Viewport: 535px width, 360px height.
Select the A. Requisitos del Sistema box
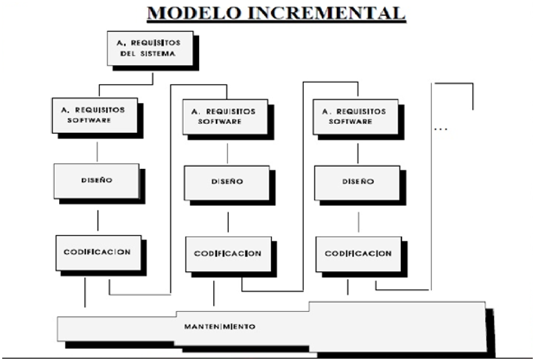[150, 48]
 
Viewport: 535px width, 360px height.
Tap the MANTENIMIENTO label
[219, 327]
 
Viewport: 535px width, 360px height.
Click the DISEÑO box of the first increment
[96, 180]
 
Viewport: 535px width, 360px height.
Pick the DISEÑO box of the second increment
[226, 182]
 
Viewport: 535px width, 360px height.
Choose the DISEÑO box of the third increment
[357, 181]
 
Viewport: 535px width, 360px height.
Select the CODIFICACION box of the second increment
[227, 254]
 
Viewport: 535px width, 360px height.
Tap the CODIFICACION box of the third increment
[358, 254]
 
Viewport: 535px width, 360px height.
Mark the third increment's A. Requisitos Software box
[356, 116]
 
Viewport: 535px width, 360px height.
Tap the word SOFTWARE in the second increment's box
[220, 122]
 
